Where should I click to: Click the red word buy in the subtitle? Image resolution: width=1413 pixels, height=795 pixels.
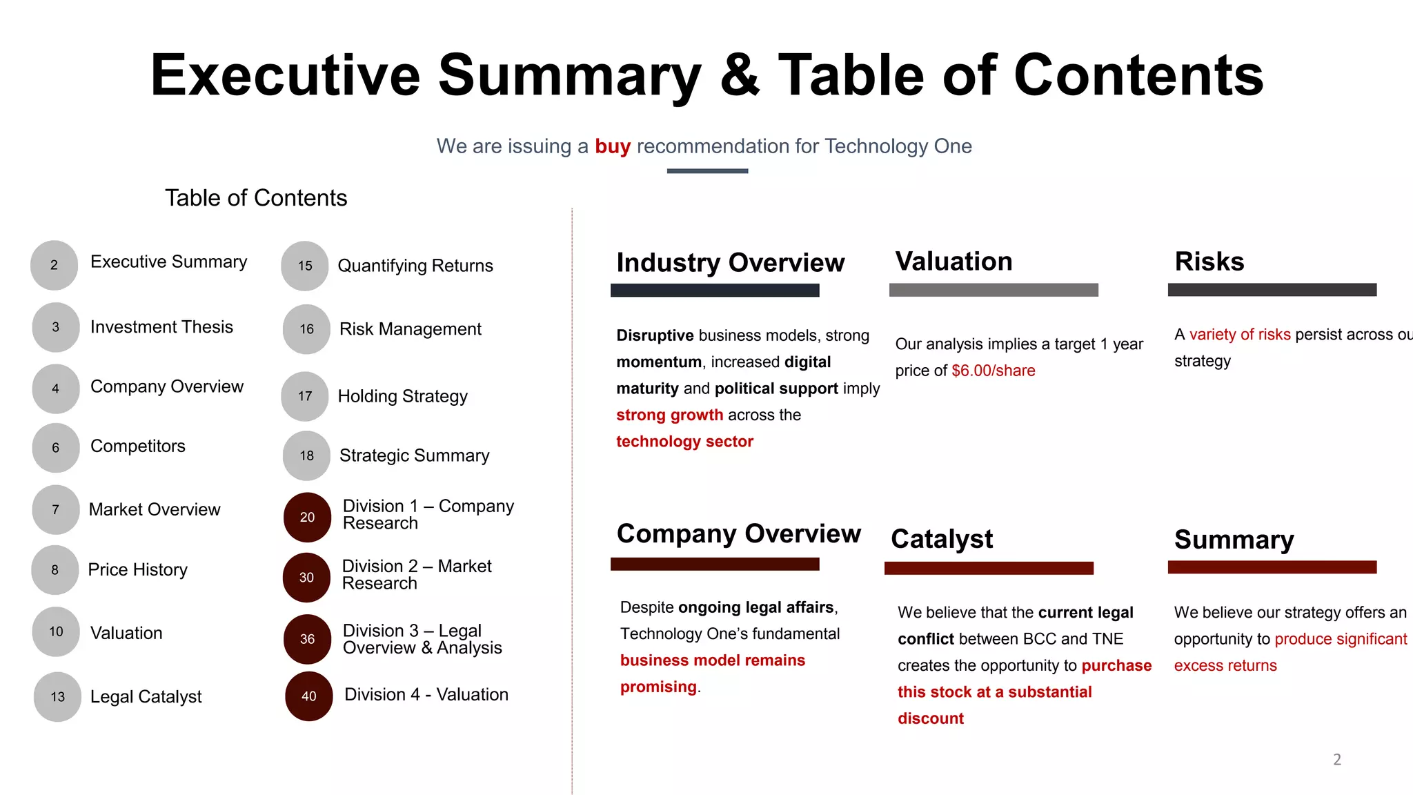[613, 146]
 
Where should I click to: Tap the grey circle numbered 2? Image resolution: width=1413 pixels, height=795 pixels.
[55, 265]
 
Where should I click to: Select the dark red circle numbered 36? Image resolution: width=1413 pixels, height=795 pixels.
[308, 639]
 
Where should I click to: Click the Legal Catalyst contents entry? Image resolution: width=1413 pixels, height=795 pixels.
[146, 696]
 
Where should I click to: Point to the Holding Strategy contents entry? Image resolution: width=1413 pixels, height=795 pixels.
[402, 396]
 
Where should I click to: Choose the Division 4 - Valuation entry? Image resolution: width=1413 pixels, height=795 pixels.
[426, 695]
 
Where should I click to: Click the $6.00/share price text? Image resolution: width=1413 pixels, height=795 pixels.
[993, 371]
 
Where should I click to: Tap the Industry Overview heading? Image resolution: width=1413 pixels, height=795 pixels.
[730, 263]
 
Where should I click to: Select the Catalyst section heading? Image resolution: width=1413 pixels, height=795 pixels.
[942, 539]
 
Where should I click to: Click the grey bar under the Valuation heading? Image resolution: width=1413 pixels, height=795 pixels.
[993, 290]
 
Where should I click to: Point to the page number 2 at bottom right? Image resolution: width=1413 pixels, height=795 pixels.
[1336, 760]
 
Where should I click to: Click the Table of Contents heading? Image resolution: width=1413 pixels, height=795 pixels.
[256, 198]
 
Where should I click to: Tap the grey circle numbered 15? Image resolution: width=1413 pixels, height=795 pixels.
[305, 266]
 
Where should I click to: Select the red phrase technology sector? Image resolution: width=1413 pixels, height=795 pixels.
[684, 442]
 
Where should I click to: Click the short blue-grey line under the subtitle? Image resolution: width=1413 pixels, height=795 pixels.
[707, 171]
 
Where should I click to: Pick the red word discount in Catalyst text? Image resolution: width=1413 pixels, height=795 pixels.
[930, 718]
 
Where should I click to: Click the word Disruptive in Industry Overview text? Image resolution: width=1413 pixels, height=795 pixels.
[655, 335]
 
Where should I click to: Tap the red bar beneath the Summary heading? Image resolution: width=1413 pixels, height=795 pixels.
[1272, 567]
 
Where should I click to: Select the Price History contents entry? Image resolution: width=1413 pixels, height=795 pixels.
[137, 570]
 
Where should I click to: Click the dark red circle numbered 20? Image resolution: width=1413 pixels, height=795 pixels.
[308, 517]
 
